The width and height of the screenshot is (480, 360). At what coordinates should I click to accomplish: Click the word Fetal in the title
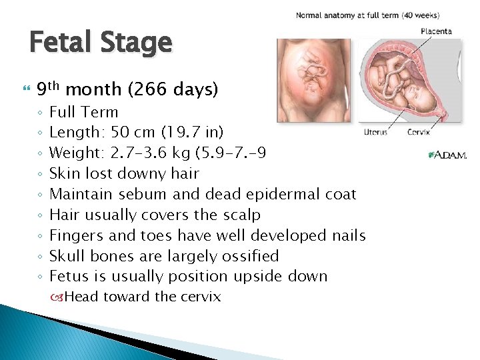point(63,43)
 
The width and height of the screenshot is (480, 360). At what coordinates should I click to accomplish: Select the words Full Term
point(83,112)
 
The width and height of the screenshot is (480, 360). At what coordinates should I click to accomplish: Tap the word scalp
point(241,215)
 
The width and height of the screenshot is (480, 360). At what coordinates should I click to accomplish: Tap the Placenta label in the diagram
point(435,31)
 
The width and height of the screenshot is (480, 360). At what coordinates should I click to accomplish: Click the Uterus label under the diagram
point(376,132)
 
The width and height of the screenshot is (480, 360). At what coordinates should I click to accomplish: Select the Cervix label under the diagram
point(419,132)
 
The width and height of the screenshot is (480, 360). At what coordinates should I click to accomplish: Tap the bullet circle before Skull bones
point(40,257)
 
